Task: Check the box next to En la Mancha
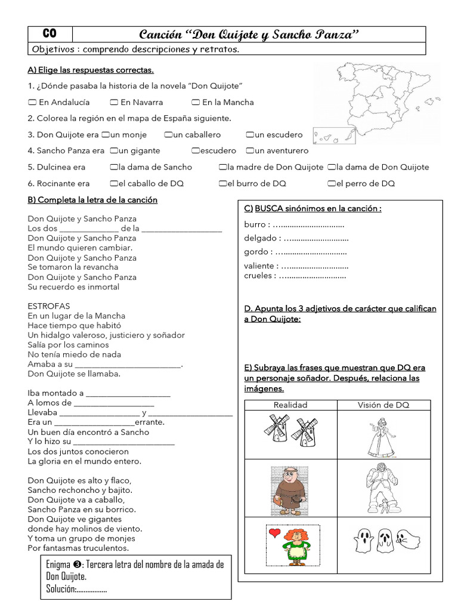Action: tap(196, 102)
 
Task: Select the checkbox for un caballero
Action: tap(169, 135)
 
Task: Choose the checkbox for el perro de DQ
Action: tap(331, 184)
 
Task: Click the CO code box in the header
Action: tap(50, 34)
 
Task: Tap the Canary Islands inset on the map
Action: tap(334, 137)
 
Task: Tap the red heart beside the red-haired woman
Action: tap(274, 533)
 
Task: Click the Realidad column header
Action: tap(290, 405)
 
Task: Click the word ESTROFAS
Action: tap(48, 306)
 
